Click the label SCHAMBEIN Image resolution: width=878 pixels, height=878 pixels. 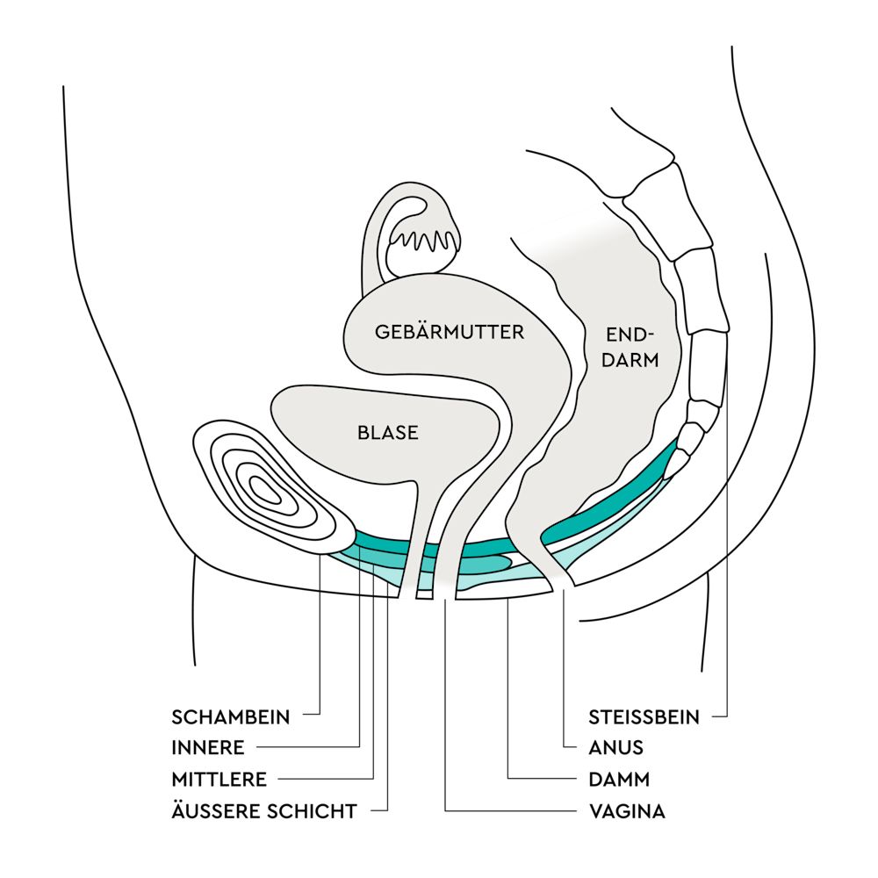[x=231, y=717]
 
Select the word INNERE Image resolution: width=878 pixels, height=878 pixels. [x=208, y=748]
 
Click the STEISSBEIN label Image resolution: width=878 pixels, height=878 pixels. [x=644, y=717]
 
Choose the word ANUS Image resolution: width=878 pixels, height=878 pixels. [x=615, y=748]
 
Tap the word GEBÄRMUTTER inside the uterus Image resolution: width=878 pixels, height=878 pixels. [x=449, y=333]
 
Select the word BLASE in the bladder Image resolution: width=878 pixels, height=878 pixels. [x=388, y=432]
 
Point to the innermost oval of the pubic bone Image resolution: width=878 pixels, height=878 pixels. [x=266, y=490]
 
